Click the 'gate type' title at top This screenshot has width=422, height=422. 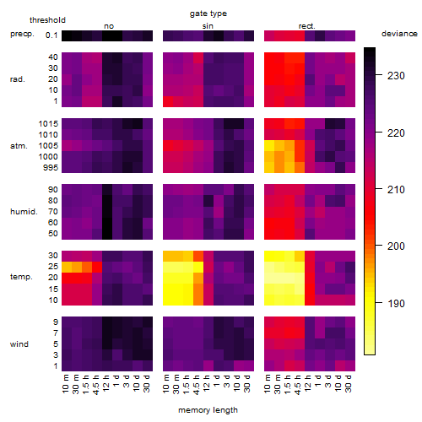point(208,14)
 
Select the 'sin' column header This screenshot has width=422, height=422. point(208,26)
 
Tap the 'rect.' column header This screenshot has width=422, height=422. point(306,26)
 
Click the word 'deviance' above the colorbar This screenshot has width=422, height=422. point(399,34)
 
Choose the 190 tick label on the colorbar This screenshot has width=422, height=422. point(396,303)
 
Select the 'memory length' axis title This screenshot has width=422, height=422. point(208,410)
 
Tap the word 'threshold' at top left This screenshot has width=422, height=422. point(47,20)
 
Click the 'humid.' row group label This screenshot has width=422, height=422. point(24,212)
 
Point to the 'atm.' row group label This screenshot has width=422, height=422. point(19,146)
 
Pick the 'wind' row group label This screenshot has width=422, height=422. point(19,344)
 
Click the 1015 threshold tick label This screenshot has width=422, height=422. point(48,124)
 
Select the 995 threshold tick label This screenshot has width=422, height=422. point(51,168)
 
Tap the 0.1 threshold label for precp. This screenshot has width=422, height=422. point(51,35)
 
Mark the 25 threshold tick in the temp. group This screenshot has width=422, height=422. point(53,266)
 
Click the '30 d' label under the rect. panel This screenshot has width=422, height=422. point(349,383)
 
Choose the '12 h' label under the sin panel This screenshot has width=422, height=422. point(207,383)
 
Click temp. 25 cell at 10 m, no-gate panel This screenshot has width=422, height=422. point(67,267)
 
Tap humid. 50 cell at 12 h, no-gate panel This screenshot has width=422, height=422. point(107,234)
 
